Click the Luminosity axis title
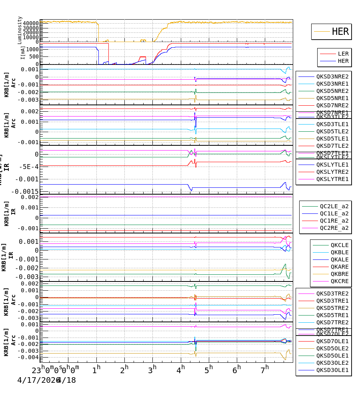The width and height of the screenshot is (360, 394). [20, 30]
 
